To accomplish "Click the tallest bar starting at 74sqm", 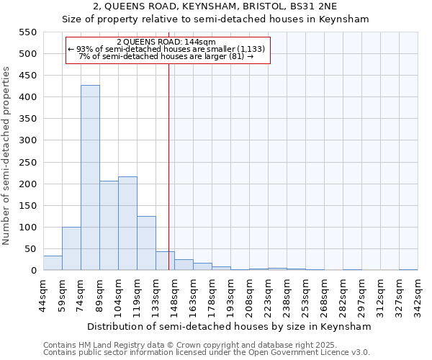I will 90,178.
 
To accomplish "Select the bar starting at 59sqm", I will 71,248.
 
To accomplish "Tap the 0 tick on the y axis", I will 33,271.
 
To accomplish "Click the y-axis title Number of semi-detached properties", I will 6,155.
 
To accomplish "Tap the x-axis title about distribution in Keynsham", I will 228,326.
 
